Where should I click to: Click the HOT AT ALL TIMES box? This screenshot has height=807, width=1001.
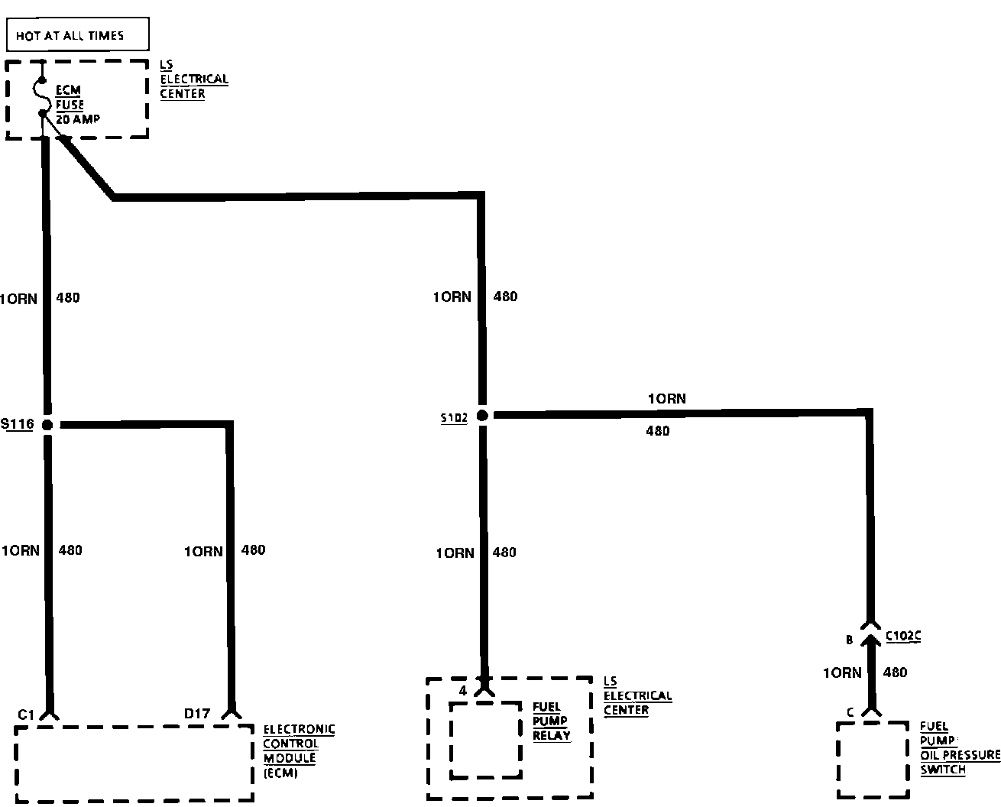[x=77, y=35]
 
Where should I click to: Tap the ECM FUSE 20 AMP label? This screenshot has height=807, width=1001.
[x=76, y=105]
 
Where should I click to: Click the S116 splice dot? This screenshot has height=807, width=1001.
[x=47, y=425]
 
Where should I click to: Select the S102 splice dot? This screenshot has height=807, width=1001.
[x=482, y=416]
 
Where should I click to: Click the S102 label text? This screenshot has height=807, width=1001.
[x=453, y=418]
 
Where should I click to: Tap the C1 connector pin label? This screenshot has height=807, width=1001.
[x=27, y=715]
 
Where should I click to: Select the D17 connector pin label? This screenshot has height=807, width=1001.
[x=196, y=714]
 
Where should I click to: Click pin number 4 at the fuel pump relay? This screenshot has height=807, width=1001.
[x=463, y=691]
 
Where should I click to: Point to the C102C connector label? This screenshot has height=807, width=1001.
[x=902, y=636]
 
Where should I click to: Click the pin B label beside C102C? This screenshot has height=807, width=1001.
[x=849, y=640]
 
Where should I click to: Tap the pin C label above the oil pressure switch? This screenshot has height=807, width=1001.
[x=849, y=713]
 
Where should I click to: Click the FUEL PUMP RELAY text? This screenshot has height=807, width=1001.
[x=551, y=721]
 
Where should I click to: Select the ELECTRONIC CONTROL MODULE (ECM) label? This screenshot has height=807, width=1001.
[x=299, y=751]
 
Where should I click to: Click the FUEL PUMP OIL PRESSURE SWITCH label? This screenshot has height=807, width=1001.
[x=959, y=748]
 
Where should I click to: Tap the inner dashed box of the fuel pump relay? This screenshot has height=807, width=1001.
[x=486, y=740]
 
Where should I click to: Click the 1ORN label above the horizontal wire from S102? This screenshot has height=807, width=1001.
[x=666, y=399]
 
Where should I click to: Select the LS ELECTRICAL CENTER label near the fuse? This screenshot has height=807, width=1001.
[x=193, y=79]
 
